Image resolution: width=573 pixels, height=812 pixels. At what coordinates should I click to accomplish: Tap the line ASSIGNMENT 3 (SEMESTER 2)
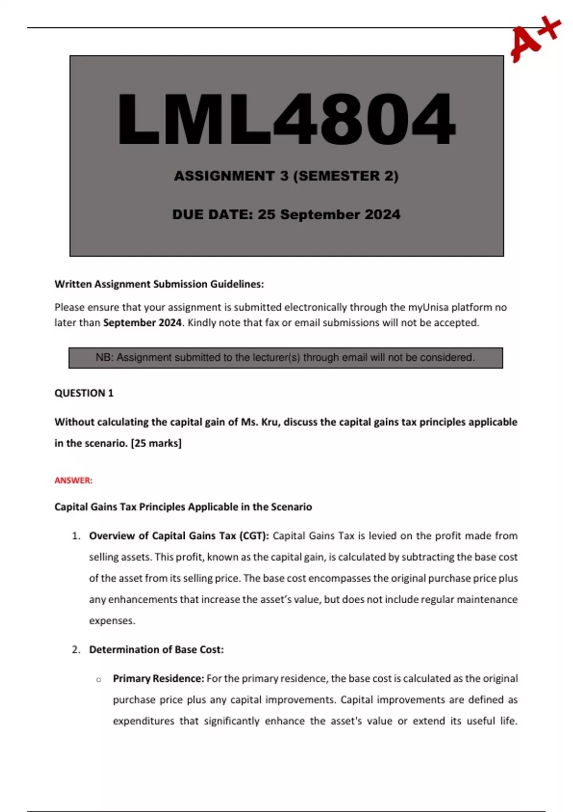click(x=286, y=176)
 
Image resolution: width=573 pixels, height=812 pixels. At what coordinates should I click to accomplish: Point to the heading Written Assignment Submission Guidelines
click(x=159, y=284)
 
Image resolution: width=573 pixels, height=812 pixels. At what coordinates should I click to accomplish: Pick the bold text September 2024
click(x=142, y=323)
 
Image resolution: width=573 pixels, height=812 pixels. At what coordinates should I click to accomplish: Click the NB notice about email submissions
click(x=286, y=358)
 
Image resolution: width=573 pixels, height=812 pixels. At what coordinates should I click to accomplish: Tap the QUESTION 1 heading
click(x=84, y=393)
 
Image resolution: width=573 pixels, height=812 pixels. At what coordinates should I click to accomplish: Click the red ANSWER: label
click(x=74, y=481)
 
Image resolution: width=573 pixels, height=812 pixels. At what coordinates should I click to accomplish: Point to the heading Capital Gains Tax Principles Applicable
click(x=183, y=507)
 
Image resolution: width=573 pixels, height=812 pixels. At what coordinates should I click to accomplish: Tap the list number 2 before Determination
click(x=76, y=650)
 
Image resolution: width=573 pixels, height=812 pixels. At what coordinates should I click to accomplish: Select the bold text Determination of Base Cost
click(x=156, y=650)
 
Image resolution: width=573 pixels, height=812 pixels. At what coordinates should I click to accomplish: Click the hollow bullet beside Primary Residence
click(x=99, y=680)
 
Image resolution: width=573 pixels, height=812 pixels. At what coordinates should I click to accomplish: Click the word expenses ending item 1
click(x=112, y=621)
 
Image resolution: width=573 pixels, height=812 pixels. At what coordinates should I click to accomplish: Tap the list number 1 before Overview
click(x=76, y=536)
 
